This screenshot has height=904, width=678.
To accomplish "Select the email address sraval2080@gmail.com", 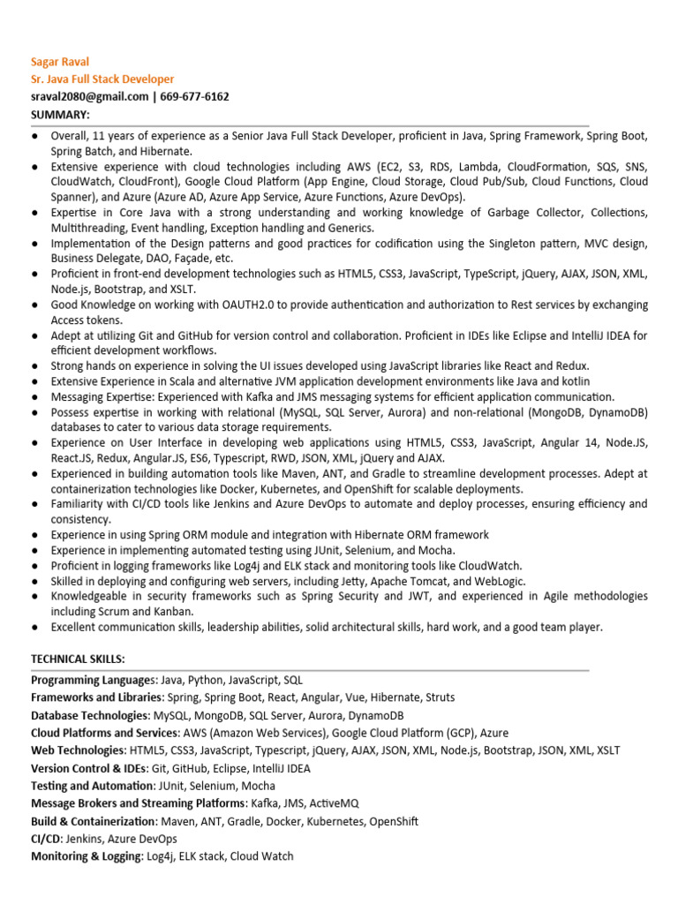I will [89, 97].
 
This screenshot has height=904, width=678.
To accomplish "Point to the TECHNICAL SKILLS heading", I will [78, 659].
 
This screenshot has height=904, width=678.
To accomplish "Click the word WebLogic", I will [500, 581].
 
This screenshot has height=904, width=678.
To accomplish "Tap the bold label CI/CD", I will [48, 839].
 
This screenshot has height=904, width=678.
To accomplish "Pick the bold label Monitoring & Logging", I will [85, 856].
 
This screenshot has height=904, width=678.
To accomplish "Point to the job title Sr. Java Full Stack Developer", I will [102, 79].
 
